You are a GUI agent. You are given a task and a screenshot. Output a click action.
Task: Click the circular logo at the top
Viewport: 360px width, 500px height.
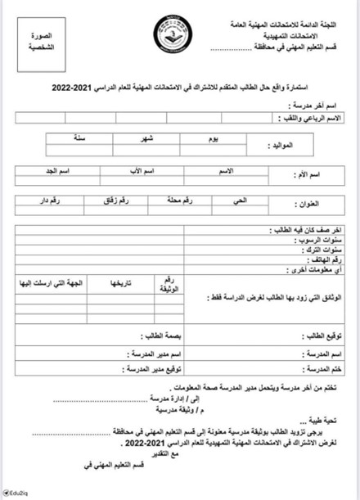(174, 34)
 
